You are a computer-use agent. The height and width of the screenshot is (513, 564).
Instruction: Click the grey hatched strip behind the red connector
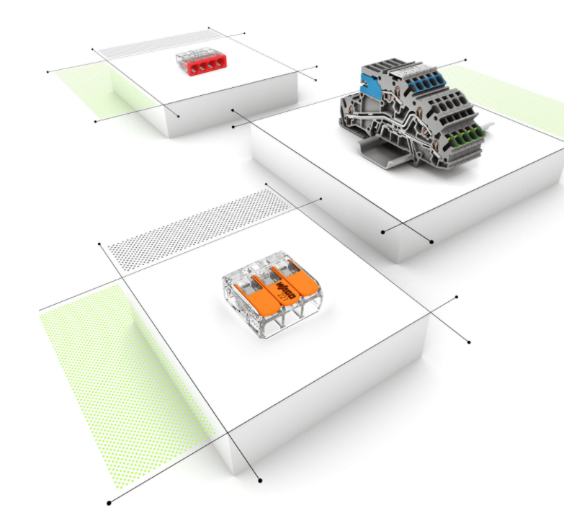155,45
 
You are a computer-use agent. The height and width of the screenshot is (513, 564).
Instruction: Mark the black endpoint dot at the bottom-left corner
109,502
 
